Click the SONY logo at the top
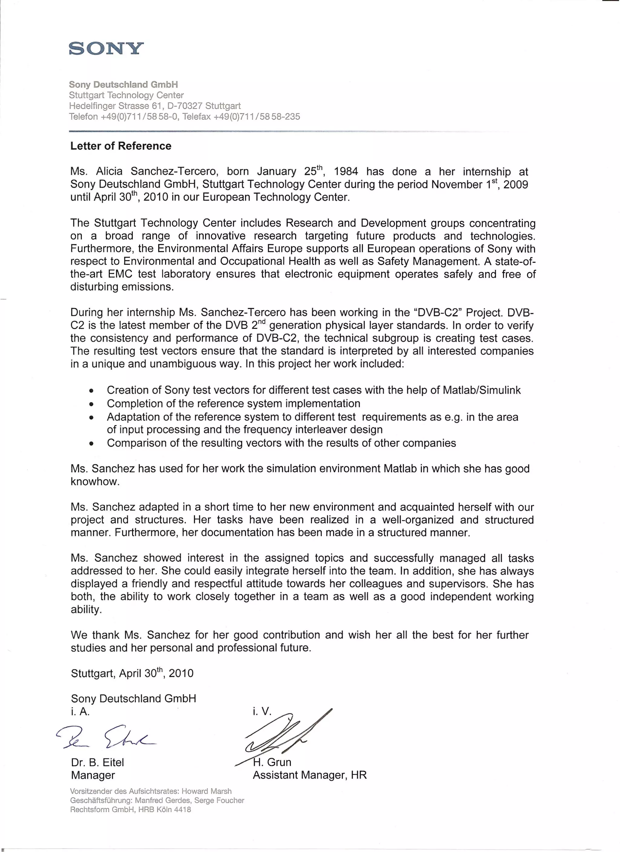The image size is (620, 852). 106,48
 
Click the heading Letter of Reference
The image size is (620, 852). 120,146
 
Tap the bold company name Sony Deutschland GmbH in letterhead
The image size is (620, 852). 123,84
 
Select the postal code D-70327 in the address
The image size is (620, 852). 185,106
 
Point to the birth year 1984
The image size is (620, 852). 346,172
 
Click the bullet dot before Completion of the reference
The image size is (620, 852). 91,405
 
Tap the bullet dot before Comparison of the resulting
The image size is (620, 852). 91,444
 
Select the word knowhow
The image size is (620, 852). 95,482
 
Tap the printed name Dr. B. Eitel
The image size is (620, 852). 97,762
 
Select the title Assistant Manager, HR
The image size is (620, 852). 309,775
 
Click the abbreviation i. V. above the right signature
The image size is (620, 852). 262,711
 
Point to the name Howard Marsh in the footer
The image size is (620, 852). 206,791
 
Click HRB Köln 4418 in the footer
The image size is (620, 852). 164,810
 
